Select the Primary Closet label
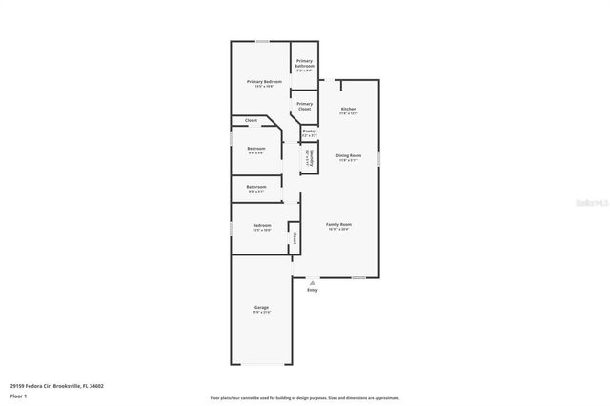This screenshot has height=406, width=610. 304,106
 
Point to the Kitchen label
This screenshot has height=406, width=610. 350,110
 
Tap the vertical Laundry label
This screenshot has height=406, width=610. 309,158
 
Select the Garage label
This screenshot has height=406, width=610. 261,308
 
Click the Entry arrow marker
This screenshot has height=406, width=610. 312,283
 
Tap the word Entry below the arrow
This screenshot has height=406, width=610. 312,290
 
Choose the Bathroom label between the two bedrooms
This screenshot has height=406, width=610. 255,187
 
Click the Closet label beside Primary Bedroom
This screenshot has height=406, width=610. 252,120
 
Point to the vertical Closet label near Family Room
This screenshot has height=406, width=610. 295,237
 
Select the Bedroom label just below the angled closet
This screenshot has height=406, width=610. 256,149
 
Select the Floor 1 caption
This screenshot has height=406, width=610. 18,395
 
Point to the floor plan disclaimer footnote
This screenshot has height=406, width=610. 304,397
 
